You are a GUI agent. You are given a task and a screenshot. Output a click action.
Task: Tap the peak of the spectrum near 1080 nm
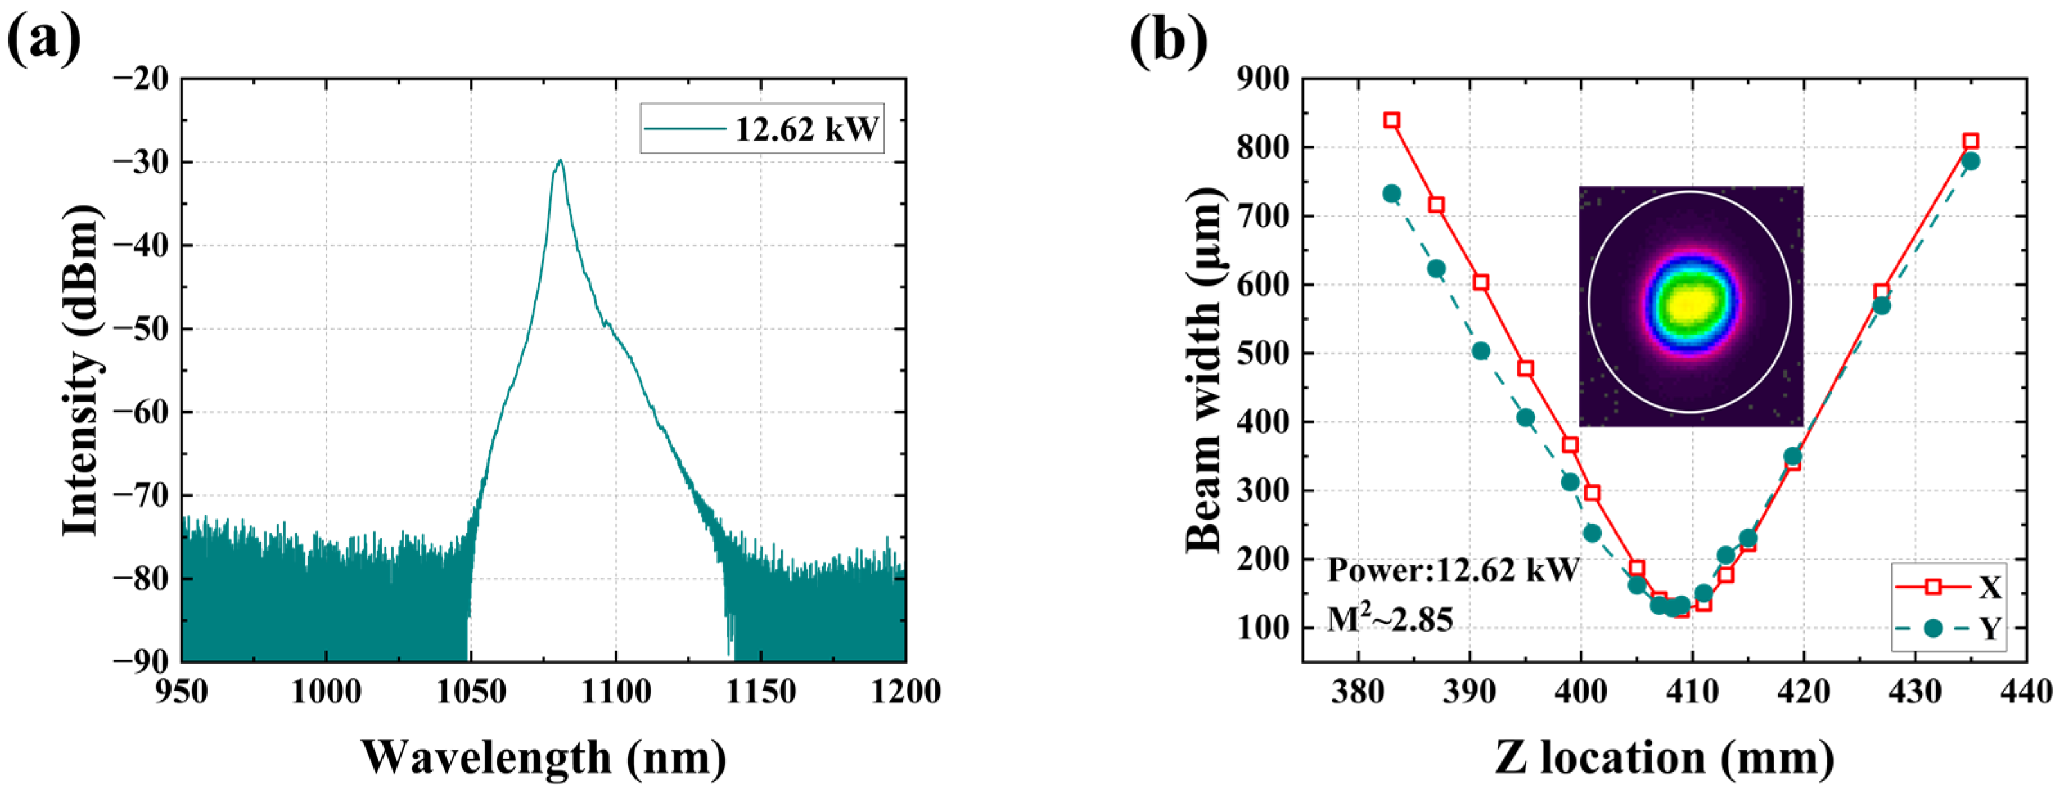coord(560,161)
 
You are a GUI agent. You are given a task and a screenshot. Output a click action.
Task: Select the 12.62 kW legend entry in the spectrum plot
coord(763,128)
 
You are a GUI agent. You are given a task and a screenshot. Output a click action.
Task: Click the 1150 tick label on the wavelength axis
coord(760,691)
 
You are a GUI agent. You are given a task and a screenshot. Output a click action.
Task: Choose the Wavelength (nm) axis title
coord(544,756)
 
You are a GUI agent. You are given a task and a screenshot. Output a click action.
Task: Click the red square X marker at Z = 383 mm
coord(1392,121)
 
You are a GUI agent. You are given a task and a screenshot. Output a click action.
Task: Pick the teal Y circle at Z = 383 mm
coord(1392,193)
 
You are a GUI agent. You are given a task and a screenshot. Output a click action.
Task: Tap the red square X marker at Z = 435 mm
coord(1970,141)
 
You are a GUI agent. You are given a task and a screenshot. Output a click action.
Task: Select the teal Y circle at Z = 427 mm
coord(1882,306)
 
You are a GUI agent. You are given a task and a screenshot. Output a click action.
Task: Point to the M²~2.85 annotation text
coord(1389,619)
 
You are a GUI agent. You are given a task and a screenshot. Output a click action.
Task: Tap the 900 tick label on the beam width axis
coord(1262,79)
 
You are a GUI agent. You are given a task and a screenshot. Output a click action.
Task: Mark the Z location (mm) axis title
coord(1664,756)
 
